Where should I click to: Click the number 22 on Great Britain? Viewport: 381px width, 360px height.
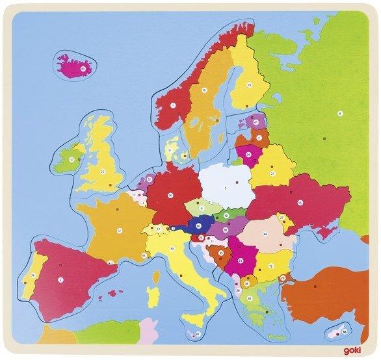103,171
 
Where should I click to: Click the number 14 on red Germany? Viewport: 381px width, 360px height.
170,194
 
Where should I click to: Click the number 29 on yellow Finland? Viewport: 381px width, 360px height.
249,84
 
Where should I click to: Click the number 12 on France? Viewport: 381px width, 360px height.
120,230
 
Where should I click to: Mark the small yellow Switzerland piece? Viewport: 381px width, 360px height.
159,229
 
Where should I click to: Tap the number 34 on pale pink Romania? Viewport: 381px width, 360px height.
265,235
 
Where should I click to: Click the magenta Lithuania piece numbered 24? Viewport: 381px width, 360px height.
249,155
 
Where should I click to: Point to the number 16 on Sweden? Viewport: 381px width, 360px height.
204,90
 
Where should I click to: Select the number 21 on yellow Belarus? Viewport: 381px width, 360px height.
274,172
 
